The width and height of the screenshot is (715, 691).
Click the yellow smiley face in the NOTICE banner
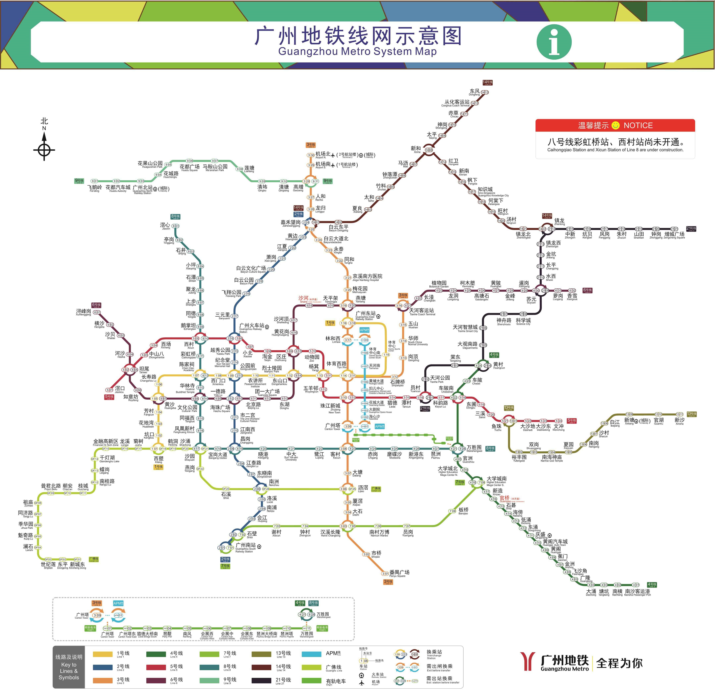pos(615,126)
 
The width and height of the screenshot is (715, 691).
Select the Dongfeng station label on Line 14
pos(475,92)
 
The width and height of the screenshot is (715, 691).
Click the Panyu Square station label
pos(399,573)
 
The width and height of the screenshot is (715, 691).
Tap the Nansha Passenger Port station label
pos(637,592)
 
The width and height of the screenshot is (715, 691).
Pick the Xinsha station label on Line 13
pos(679,421)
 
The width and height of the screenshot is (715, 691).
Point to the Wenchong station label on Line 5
pos(558,427)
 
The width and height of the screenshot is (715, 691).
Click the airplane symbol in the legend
pos(362,683)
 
